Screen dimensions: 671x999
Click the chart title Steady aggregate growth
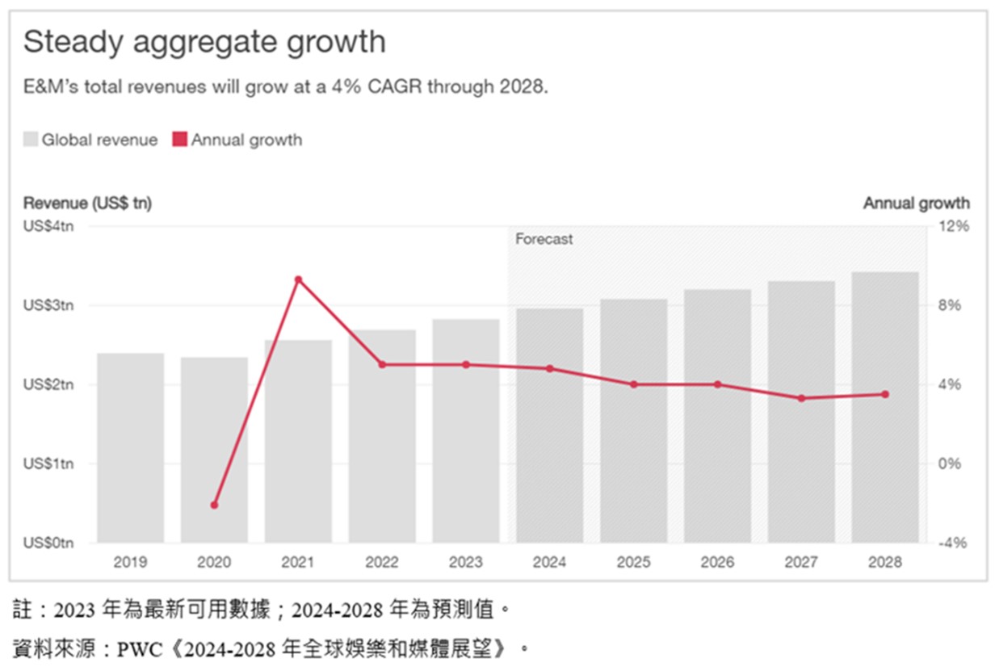[204, 42]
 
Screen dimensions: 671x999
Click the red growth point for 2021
[298, 280]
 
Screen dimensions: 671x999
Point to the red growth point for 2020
[214, 505]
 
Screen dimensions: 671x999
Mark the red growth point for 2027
[801, 398]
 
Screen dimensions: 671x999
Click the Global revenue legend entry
[90, 140]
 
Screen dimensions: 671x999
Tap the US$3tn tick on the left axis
[48, 305]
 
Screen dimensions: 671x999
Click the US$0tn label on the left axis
[48, 543]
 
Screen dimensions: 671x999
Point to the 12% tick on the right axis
[953, 227]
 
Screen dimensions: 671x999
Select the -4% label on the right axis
[953, 543]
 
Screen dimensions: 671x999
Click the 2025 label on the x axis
[633, 563]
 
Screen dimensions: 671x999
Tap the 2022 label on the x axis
[382, 563]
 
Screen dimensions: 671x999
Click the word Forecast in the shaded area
[544, 239]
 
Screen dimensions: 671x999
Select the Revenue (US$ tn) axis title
[87, 203]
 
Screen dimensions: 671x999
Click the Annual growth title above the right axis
[916, 203]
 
